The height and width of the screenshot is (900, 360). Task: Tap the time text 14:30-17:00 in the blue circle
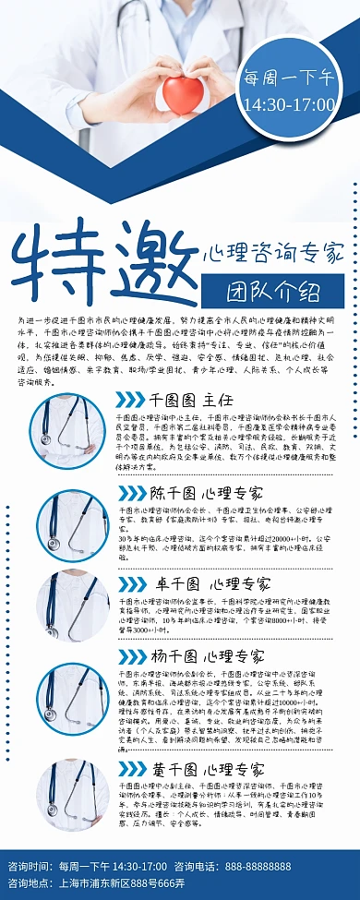[x=287, y=104]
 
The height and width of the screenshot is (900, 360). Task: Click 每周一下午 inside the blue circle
[x=287, y=80]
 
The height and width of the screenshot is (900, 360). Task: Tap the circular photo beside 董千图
[x=71, y=796]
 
